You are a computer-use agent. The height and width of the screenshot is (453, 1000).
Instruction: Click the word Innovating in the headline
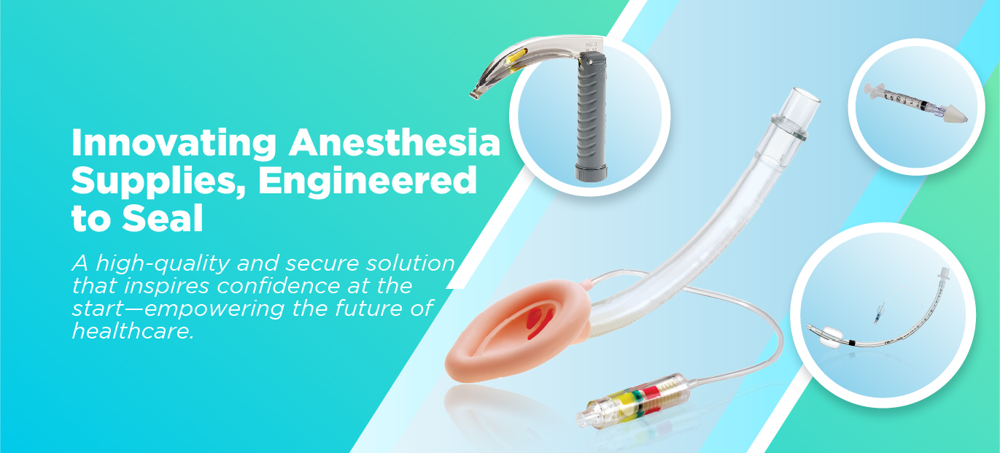click(x=174, y=144)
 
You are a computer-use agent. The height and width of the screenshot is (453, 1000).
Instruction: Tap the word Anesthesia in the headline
click(x=394, y=142)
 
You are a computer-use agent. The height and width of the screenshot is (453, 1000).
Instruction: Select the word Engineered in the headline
click(x=368, y=182)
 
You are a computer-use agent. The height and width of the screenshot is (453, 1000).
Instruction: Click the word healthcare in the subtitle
click(x=133, y=330)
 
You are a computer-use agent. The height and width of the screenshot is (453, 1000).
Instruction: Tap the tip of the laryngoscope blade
click(x=474, y=94)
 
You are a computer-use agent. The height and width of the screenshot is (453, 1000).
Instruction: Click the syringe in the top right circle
click(x=915, y=102)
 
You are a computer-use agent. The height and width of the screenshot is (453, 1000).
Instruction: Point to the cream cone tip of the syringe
click(x=956, y=115)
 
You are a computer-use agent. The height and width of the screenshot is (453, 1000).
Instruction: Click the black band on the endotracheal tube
click(x=852, y=343)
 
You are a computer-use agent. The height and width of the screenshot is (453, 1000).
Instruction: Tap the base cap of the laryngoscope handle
click(x=591, y=172)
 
